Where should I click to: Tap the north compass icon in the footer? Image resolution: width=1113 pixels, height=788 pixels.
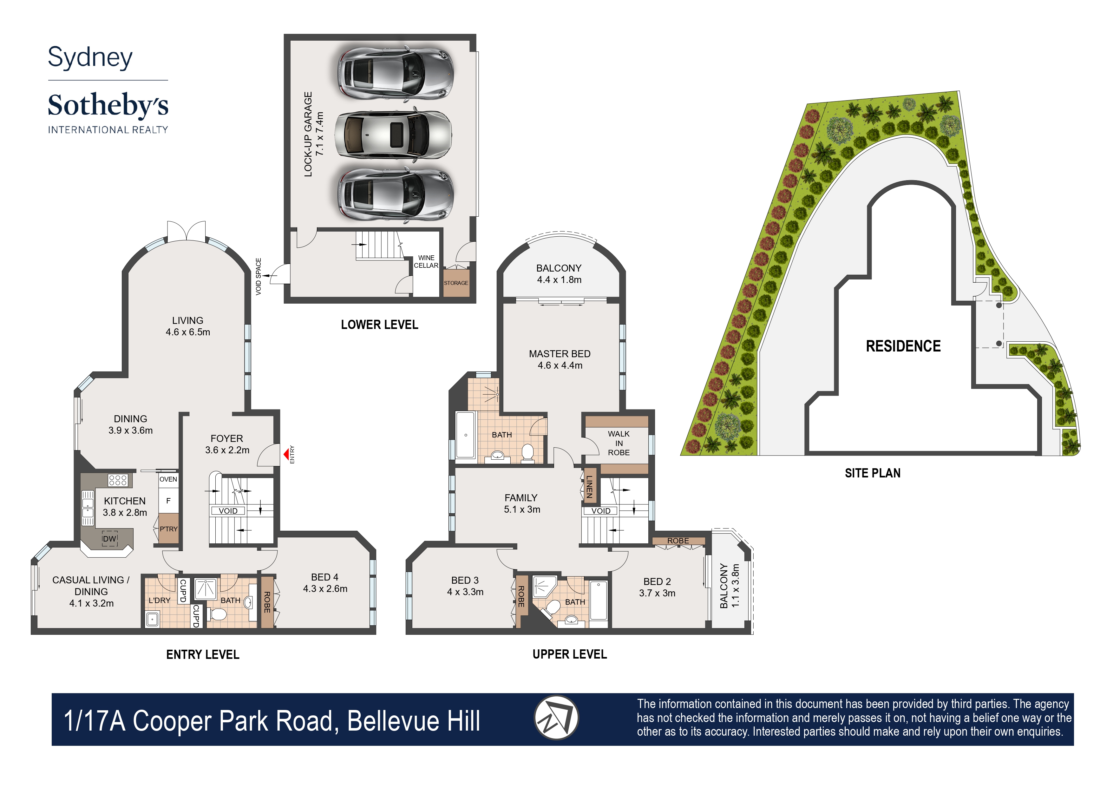coord(556,718)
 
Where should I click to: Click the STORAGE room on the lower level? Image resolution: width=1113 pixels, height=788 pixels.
coord(456,283)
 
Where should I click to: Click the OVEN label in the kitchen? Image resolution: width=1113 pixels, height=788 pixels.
coord(168,479)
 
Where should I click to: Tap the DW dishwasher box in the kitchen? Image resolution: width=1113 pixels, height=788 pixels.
coord(110,539)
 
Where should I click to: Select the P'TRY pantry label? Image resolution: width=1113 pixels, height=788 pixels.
coord(168,529)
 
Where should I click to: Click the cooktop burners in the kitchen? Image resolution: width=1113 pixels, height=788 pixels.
coord(118,480)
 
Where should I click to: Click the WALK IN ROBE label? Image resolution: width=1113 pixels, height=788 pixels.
coord(619,443)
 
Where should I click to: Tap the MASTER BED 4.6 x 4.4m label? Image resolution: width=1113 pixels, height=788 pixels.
coord(560,359)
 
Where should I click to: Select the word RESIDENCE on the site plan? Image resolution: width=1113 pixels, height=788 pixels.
coord(903,346)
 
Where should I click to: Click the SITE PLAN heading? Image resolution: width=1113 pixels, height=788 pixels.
coord(872,473)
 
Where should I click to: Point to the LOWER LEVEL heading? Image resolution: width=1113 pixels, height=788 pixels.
coord(379,325)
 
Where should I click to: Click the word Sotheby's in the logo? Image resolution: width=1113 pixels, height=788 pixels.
coord(108,105)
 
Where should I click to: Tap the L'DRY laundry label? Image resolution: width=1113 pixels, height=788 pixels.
coord(159,600)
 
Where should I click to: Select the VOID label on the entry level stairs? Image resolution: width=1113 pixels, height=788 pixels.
coord(228,511)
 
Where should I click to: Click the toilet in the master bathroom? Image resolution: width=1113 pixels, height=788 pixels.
coord(527,452)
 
